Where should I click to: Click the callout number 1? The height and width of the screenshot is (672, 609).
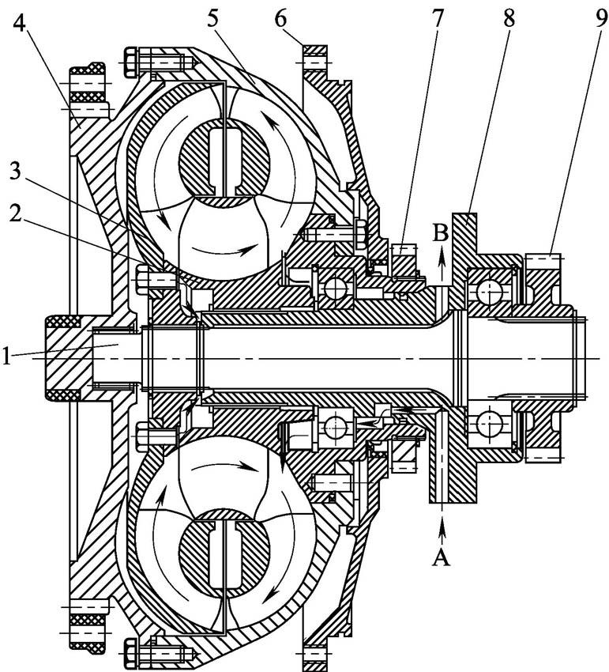(7, 357)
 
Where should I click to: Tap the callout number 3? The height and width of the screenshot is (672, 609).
(15, 172)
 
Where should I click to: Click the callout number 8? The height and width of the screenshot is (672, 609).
(509, 17)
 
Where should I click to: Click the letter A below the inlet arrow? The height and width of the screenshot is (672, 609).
(442, 558)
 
